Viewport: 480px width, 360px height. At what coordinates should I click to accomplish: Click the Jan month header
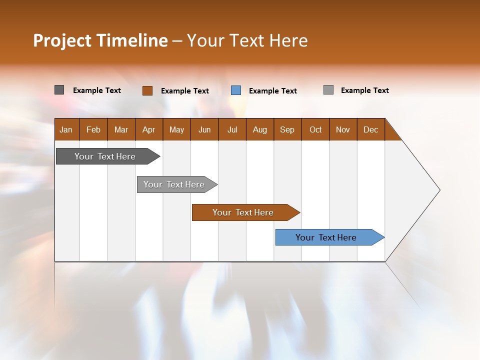coord(66,129)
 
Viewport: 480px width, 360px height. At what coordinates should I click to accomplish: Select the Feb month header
coord(93,129)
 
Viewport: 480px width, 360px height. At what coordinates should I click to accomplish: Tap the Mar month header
coord(121,129)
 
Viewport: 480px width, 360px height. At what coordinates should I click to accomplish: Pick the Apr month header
coord(149,129)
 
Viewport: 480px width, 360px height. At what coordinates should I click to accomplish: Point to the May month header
coord(176,129)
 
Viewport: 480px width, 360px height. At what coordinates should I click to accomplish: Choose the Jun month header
coord(204,129)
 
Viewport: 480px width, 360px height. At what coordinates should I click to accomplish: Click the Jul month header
coord(232,129)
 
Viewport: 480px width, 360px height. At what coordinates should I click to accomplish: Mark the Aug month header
coord(260,129)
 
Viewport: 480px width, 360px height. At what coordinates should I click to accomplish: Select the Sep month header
coord(287,129)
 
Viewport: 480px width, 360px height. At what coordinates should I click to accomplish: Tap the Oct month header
coord(315,129)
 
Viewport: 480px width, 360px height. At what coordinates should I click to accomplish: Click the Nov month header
coord(343,129)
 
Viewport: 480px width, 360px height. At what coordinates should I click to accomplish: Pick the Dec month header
coord(371,129)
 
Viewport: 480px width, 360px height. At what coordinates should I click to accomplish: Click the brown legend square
coord(147,90)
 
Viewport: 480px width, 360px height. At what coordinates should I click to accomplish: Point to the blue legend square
coord(236,90)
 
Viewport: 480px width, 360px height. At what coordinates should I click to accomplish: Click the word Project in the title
coord(62,40)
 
